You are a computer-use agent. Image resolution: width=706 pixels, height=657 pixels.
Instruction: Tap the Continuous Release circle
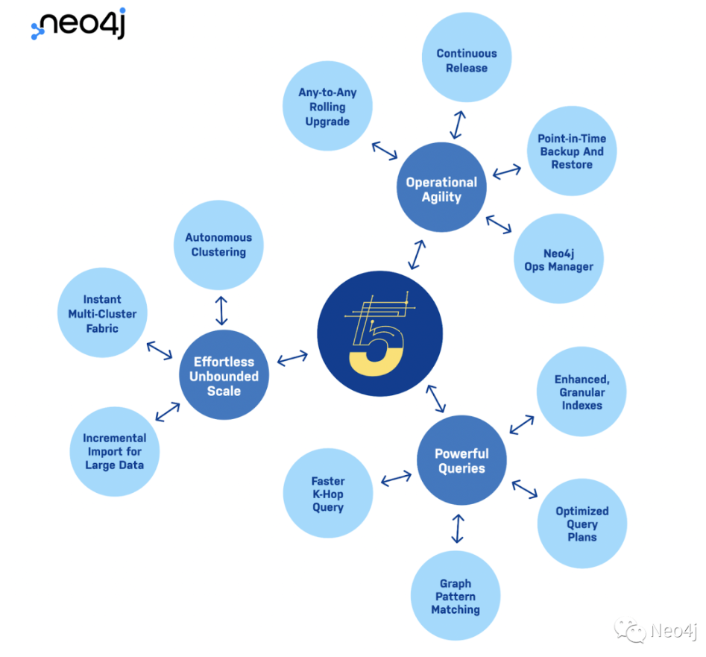point(467,60)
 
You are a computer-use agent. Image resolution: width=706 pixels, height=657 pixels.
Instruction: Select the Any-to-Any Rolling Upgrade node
point(327,107)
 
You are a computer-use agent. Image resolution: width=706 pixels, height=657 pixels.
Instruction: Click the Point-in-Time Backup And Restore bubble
point(572,151)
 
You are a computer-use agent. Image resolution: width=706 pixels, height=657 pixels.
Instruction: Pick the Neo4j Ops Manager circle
point(558,260)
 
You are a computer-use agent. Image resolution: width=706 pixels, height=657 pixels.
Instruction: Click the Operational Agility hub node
point(441,189)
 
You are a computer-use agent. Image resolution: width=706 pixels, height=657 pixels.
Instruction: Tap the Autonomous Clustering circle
point(218,245)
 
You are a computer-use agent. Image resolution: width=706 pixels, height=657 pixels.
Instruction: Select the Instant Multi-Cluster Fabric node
point(103,314)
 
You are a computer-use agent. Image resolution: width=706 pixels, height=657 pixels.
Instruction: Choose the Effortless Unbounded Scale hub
point(224,376)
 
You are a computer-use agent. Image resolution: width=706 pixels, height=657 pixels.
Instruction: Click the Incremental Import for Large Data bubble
point(114,452)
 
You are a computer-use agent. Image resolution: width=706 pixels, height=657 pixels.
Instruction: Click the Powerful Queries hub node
point(461,461)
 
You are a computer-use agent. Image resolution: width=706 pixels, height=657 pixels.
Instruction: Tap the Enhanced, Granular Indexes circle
point(581,392)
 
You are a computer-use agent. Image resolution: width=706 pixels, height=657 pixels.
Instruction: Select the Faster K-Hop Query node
point(328,494)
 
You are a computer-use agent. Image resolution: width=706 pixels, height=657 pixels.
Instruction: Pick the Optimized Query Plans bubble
point(581,524)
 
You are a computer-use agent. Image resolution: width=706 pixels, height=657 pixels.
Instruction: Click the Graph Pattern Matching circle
point(456,597)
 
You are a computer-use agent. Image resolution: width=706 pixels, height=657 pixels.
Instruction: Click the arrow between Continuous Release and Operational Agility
point(457,125)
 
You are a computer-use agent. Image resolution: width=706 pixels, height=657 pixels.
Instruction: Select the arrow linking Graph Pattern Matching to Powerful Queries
point(458,528)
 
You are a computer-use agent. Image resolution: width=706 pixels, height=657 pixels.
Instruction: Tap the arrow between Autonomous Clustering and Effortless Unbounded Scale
point(221,309)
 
